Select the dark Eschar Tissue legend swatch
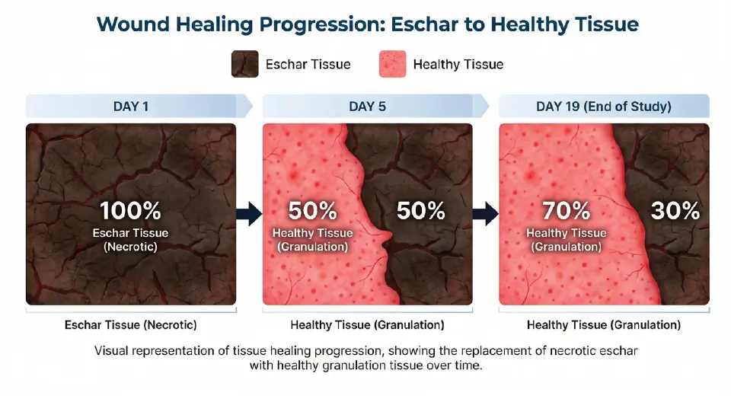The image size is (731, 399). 244,65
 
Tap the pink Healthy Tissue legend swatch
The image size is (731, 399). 392,65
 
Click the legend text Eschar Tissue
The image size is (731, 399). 308,65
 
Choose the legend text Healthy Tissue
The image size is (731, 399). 458,65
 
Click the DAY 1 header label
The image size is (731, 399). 131,106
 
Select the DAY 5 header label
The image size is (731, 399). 367,106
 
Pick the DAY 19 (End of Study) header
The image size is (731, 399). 605,106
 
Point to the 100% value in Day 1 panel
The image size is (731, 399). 131,211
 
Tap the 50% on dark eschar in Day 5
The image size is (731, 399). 421,211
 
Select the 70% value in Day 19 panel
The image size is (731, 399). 567,211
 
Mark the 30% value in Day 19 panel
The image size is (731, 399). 675,211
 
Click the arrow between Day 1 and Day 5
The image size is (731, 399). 249,214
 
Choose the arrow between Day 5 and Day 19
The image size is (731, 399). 485,214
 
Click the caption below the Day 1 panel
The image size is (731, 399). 131,325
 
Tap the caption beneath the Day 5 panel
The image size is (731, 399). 367,325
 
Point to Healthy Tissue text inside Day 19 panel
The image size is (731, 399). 567,233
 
